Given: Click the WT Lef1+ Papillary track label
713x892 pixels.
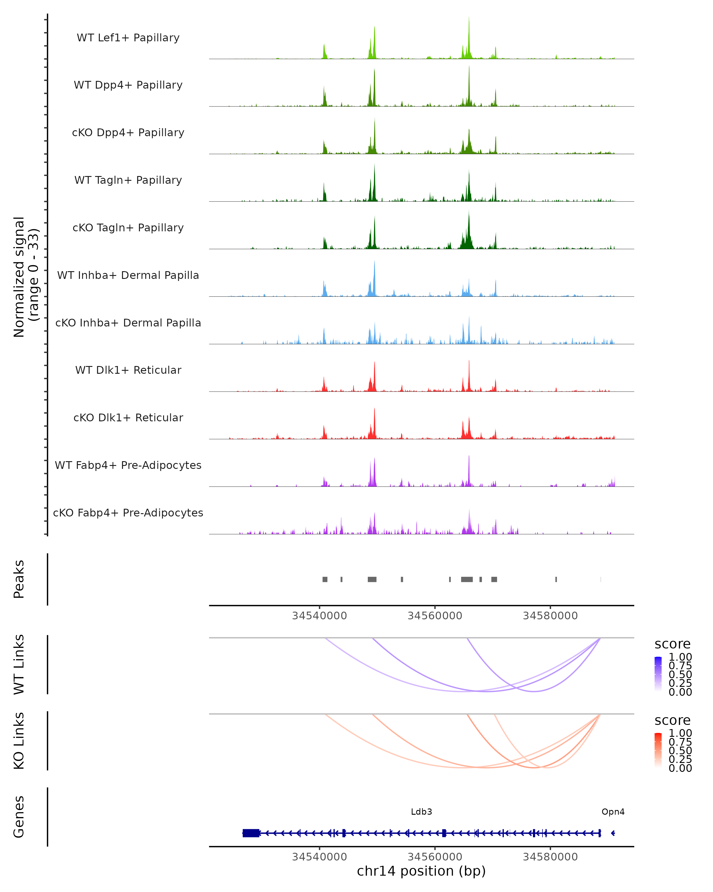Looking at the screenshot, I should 128,38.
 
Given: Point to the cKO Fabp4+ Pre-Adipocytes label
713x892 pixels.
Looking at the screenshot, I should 128,513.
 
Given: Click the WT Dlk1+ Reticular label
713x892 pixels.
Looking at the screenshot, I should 128,370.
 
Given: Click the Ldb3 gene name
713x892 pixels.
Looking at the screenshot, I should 421,811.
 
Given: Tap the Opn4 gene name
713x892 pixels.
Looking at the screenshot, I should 613,811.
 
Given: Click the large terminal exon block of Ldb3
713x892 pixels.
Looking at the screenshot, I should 251,833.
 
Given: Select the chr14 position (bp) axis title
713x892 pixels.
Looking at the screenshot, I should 421,871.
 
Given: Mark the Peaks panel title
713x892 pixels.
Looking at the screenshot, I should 19,579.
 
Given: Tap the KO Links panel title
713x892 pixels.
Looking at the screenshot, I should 19,741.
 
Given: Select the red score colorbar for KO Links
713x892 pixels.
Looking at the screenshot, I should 658,750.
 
